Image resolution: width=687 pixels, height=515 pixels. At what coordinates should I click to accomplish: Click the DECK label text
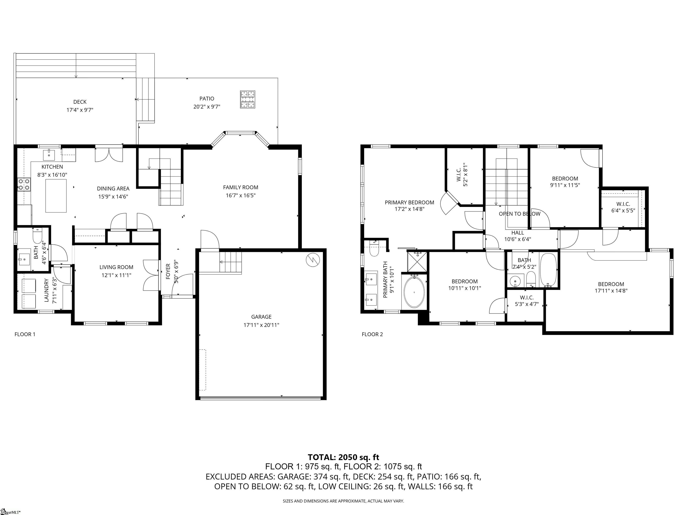click(80, 102)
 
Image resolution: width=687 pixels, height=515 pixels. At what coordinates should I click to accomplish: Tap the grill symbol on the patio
click(248, 99)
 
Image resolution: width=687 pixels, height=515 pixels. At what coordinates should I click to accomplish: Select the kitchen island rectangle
click(56, 196)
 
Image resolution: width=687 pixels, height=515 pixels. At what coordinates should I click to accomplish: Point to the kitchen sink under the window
click(49, 153)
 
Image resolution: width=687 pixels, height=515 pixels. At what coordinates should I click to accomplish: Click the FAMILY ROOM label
click(240, 187)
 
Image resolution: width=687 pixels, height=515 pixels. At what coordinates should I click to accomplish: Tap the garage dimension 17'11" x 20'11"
click(261, 325)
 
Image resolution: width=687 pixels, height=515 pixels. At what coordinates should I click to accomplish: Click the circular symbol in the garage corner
click(313, 260)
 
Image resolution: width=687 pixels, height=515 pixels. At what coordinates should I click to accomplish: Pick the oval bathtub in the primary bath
click(414, 292)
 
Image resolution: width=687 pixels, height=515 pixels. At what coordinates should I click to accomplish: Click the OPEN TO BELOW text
click(519, 213)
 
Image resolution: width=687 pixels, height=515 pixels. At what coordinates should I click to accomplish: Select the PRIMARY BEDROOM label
click(409, 202)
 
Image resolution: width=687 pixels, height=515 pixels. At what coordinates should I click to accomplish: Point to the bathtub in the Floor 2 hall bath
click(549, 270)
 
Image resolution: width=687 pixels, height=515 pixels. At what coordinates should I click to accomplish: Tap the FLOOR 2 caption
click(372, 334)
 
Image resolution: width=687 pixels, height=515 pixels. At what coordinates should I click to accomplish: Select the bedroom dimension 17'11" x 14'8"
click(611, 291)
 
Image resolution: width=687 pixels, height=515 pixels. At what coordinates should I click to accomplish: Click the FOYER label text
click(168, 271)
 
